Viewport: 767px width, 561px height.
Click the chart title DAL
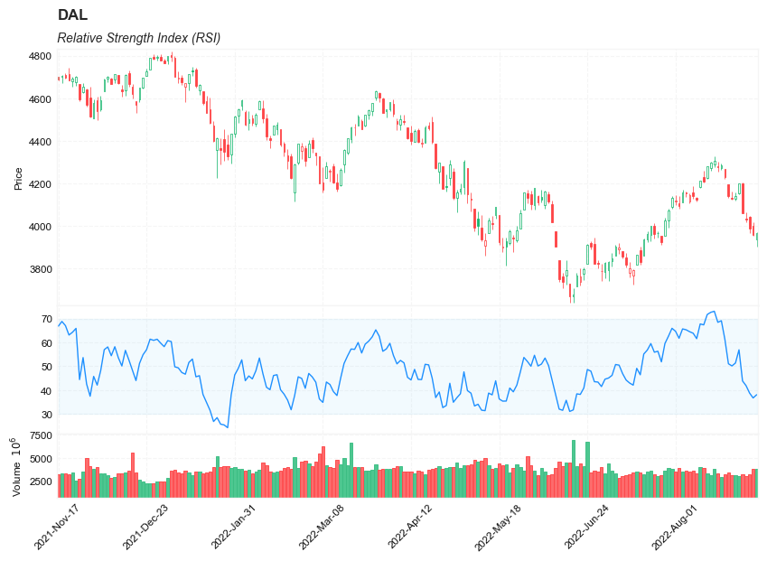click(72, 15)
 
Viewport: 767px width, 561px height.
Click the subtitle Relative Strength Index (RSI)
click(138, 38)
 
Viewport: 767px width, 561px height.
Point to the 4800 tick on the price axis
click(41, 56)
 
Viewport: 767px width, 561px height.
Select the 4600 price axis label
click(41, 99)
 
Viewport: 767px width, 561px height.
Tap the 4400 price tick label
click(41, 142)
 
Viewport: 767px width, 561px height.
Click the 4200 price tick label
click(41, 184)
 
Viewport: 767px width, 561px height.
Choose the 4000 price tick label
click(41, 227)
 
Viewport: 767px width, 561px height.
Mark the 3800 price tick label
click(41, 269)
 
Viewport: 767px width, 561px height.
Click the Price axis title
click(18, 178)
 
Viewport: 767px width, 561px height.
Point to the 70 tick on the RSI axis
click(47, 319)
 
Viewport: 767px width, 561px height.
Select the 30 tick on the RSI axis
click(47, 415)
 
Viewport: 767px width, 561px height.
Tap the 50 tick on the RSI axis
click(47, 367)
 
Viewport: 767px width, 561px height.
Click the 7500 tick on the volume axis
click(41, 435)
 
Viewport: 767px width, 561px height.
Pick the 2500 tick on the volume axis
click(41, 482)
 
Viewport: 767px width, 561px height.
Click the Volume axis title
click(16, 466)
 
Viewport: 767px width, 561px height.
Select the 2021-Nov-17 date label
click(58, 528)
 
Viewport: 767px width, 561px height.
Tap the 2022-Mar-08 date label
click(323, 528)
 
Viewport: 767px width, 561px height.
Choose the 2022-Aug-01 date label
click(676, 528)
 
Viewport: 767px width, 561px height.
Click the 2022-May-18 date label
click(500, 528)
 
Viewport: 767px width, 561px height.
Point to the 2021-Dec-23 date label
click(146, 528)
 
